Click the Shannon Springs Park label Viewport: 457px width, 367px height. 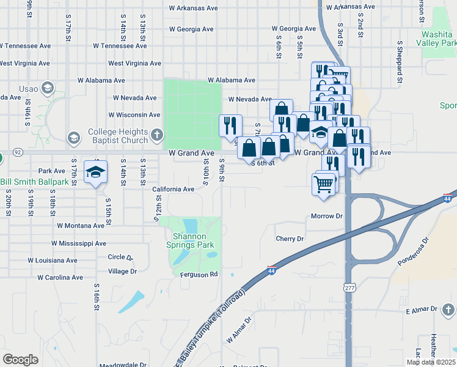pyautogui.click(x=193, y=240)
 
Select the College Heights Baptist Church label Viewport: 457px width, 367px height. pyautogui.click(x=118, y=136)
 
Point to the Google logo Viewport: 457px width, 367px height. pyautogui.click(x=20, y=360)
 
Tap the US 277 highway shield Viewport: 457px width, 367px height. pyautogui.click(x=349, y=287)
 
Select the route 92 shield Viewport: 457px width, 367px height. pyautogui.click(x=18, y=152)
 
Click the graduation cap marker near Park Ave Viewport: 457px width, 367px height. pyautogui.click(x=95, y=172)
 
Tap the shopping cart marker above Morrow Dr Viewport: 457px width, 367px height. pyautogui.click(x=323, y=183)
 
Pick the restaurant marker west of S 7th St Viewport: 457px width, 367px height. pyautogui.click(x=230, y=125)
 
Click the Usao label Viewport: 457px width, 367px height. pyautogui.click(x=28, y=89)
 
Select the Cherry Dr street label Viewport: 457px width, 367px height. pyautogui.click(x=290, y=239)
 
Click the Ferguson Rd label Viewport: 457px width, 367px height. pyautogui.click(x=199, y=275)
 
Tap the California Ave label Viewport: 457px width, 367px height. pyautogui.click(x=174, y=189)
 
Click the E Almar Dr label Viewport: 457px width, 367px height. pyautogui.click(x=422, y=311)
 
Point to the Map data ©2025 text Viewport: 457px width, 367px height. pyautogui.click(x=431, y=362)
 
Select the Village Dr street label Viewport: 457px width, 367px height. pyautogui.click(x=122, y=271)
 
